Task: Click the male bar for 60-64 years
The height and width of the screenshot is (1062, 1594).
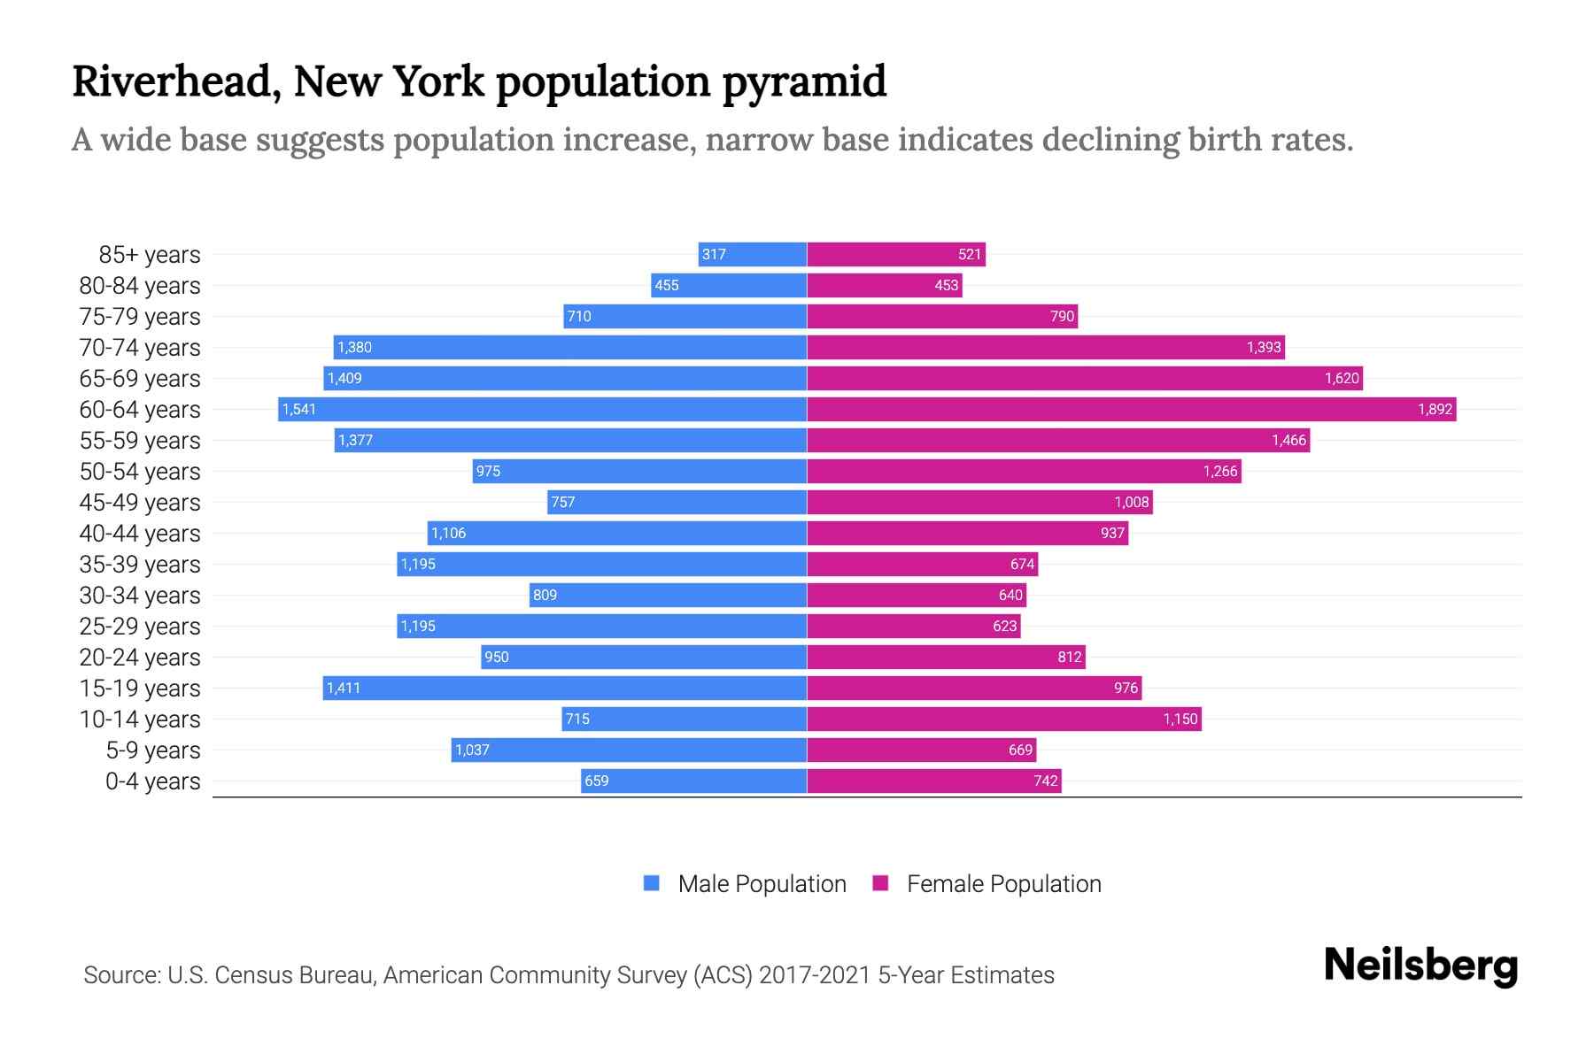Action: [542, 409]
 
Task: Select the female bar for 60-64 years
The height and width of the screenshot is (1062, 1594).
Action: [1131, 409]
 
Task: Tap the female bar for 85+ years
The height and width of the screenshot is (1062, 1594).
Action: [895, 255]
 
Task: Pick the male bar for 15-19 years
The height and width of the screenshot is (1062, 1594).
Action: [564, 688]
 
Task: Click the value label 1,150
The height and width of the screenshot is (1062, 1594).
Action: [1180, 719]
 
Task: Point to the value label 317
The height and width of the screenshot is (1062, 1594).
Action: [714, 255]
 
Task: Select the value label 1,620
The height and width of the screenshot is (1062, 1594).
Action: [1341, 378]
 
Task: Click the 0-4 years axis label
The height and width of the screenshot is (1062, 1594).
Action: [152, 781]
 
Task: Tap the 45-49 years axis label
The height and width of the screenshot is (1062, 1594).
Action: [140, 502]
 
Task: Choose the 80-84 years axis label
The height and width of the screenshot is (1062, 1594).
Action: [140, 285]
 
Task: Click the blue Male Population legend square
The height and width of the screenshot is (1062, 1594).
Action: [652, 883]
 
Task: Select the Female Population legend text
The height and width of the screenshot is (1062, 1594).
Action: [1003, 883]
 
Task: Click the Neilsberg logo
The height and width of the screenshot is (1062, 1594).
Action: [1420, 965]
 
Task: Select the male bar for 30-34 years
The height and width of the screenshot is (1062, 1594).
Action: [668, 595]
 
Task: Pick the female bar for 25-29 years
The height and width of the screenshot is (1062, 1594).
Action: [913, 626]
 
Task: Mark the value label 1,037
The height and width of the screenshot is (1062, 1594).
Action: [472, 750]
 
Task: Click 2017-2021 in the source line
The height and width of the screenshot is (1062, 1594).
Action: [815, 975]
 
